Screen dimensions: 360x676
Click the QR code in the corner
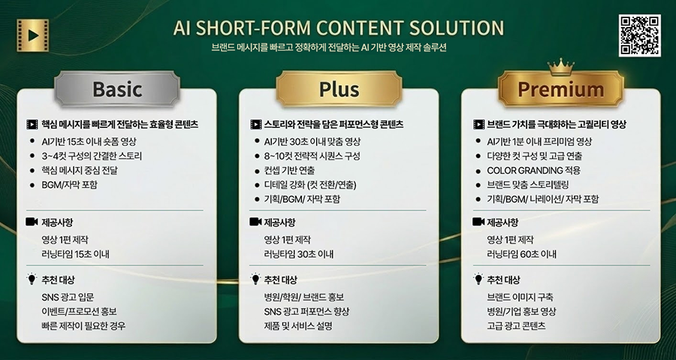tap(639, 35)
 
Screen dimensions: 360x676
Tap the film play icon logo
tap(32, 34)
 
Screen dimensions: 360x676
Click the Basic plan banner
tap(116, 89)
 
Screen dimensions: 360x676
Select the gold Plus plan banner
tap(339, 89)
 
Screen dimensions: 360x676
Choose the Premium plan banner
tap(560, 89)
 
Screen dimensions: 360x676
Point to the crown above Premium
tap(560, 68)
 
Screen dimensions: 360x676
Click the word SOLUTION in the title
tap(456, 29)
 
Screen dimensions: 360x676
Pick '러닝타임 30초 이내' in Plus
tap(298, 254)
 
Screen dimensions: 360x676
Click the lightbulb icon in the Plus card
tap(255, 279)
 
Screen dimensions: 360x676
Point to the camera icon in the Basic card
tap(32, 222)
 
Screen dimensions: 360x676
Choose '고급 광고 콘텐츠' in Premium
tap(516, 325)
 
